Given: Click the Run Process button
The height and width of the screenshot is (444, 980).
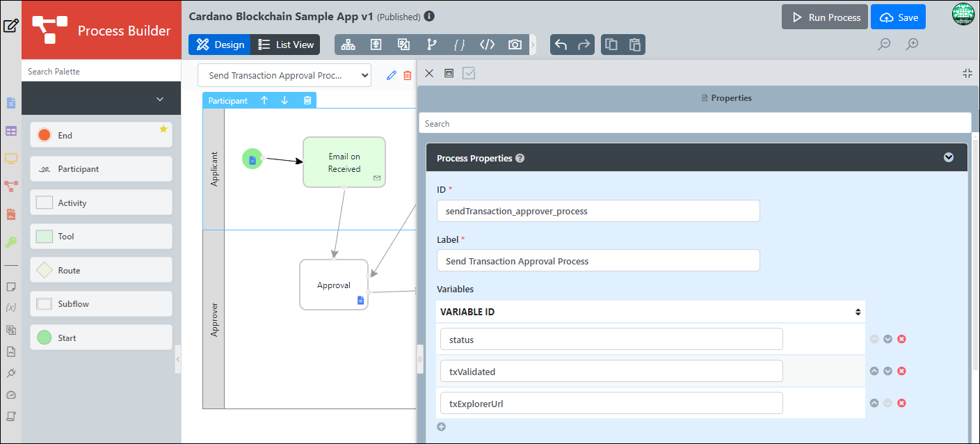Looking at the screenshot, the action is click(x=825, y=17).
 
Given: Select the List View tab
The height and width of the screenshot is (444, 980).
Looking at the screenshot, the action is click(x=285, y=45).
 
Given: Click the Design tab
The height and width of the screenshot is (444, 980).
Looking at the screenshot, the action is click(x=220, y=45).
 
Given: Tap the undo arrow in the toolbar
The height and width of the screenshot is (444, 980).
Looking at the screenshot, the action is click(x=561, y=45).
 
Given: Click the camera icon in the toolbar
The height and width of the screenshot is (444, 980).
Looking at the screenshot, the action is click(x=515, y=45).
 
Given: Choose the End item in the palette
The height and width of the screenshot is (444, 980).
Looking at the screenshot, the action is click(x=101, y=135).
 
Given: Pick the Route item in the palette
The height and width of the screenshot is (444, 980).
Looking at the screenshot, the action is click(x=101, y=270).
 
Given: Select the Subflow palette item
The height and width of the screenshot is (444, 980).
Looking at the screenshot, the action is click(x=101, y=304).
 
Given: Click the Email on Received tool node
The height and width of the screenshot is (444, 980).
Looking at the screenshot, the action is click(x=344, y=162).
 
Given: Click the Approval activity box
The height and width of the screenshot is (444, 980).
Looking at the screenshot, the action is click(x=334, y=285).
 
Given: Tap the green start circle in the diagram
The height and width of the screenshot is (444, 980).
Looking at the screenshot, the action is click(x=252, y=159).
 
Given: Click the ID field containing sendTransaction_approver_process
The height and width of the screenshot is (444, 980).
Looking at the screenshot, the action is click(x=598, y=211).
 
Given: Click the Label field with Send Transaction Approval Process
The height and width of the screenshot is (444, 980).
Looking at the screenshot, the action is click(x=598, y=261).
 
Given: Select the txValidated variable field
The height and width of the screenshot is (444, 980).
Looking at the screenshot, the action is click(x=611, y=372).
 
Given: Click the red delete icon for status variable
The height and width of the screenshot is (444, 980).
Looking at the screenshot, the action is click(x=901, y=339).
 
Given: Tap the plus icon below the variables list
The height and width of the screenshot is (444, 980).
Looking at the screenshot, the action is click(x=442, y=427).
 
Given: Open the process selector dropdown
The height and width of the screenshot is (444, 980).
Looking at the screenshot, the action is click(x=284, y=75).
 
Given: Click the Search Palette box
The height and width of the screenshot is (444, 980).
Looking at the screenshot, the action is click(x=101, y=72).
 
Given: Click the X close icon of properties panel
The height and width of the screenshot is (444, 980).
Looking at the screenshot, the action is click(x=429, y=73).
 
